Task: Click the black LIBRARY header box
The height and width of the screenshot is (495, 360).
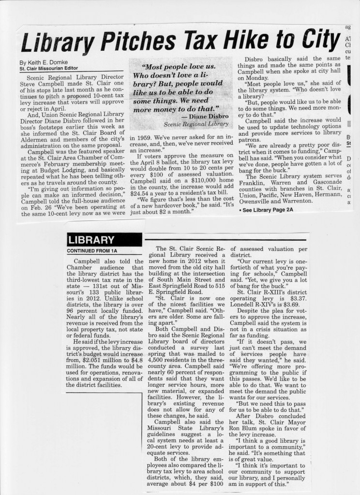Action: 104,240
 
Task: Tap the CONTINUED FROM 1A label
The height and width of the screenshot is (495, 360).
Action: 92,251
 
